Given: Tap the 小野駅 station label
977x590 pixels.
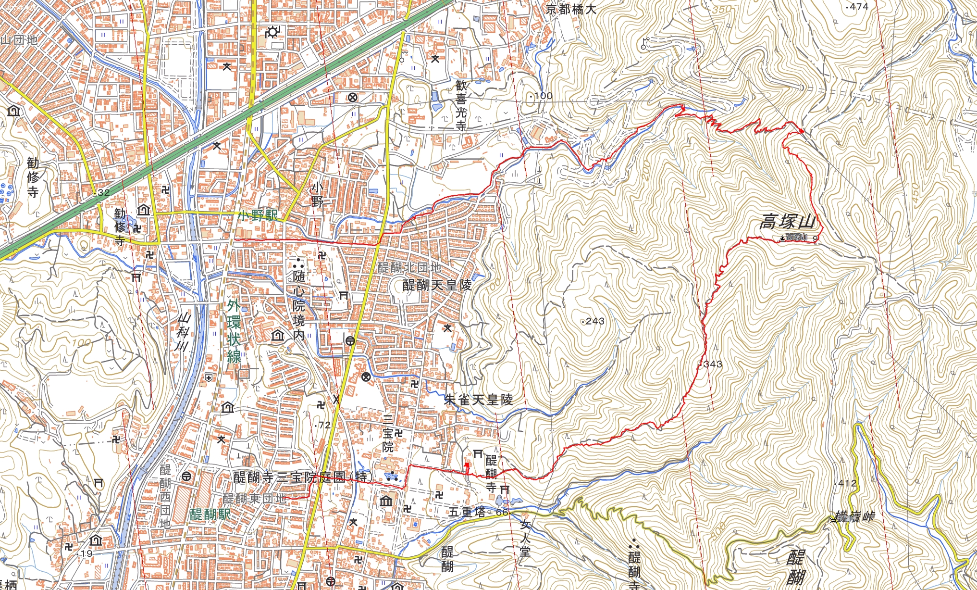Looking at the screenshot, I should (x=258, y=215).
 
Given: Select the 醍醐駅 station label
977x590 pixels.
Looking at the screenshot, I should (x=210, y=515).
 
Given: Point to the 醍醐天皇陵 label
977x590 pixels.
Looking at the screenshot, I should (x=437, y=285).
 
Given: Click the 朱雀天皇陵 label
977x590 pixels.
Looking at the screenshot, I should (x=478, y=400).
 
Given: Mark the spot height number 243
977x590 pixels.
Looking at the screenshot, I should (x=595, y=321).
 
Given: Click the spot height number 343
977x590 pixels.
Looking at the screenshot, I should (x=713, y=364).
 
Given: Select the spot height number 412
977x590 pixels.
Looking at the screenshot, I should (x=847, y=483).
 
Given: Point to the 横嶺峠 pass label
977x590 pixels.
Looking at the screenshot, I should (x=854, y=517).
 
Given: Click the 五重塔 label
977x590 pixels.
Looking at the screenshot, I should (x=467, y=512).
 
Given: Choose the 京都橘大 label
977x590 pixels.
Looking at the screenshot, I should (x=571, y=9).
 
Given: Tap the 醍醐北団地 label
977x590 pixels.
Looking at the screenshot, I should (x=409, y=267).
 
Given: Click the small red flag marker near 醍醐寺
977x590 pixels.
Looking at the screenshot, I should (x=467, y=466).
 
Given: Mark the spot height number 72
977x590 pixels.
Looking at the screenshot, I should (x=324, y=425).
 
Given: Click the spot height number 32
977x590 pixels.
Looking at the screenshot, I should (x=103, y=193).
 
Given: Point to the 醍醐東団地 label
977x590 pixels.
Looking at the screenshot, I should (x=254, y=499).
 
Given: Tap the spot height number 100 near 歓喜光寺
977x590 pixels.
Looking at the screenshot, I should (x=543, y=96).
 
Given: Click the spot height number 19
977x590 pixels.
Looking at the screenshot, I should (x=87, y=553).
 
